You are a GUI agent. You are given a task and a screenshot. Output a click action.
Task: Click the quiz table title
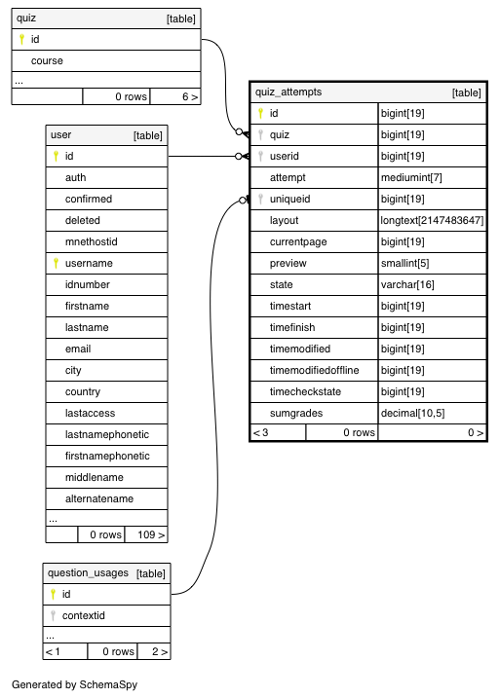26,18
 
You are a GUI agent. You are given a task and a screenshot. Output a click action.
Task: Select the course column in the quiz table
47,60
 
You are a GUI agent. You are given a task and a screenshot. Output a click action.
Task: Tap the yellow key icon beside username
56,263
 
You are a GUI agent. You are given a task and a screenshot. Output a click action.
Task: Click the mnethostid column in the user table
92,241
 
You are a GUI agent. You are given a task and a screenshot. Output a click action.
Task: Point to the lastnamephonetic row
107,434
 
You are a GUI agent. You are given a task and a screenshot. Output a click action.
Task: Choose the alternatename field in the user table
99,498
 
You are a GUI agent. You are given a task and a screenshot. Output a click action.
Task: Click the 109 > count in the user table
151,534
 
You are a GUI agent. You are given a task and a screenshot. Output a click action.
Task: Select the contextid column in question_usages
84,615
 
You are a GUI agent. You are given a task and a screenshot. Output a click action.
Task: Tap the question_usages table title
88,573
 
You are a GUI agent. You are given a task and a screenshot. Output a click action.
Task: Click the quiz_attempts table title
288,92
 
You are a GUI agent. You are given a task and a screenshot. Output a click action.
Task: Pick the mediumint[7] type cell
411,177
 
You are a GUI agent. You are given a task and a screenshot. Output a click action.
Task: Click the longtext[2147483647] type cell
432,220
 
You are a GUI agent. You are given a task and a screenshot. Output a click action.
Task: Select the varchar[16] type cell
407,284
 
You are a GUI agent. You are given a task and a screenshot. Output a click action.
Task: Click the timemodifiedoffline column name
314,370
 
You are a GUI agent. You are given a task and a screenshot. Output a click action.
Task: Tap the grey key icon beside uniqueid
260,199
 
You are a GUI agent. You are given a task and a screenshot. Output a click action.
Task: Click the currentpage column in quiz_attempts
298,241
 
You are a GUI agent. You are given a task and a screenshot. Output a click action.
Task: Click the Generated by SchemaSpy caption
74,684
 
